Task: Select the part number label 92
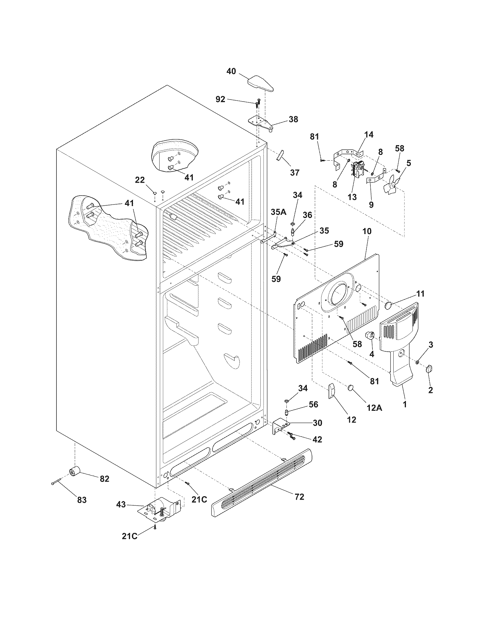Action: [x=220, y=100]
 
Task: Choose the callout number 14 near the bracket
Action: [x=368, y=134]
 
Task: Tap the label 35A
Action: [x=278, y=212]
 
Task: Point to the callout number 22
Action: [x=140, y=180]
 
